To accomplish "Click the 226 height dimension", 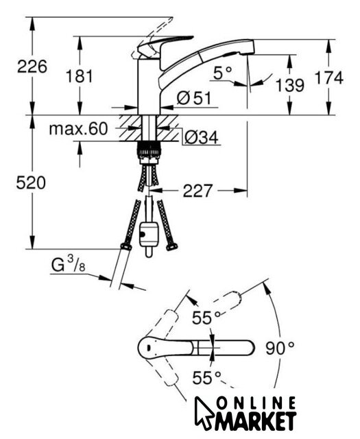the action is [x=32, y=67].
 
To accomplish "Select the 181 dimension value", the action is [x=80, y=76].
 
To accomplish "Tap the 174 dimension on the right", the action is [x=328, y=78].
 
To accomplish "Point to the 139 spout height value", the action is [x=290, y=85].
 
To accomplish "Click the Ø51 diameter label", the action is [x=194, y=98].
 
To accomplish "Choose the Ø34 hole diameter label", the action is [x=202, y=137].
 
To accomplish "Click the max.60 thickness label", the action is [x=78, y=129].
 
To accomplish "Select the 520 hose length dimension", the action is [x=31, y=183].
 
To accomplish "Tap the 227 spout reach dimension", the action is [x=197, y=191].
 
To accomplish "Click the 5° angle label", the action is [x=223, y=73].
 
